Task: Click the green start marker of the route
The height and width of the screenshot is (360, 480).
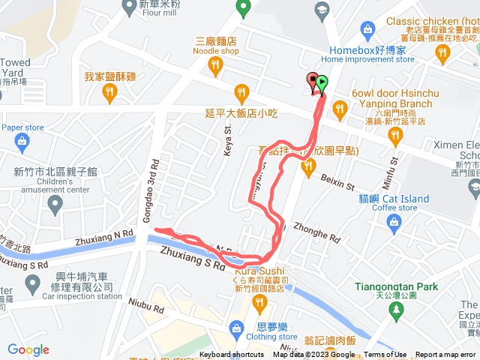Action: [322, 82]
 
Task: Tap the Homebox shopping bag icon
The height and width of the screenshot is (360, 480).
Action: [367, 29]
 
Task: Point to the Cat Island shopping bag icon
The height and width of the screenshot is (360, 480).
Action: [392, 220]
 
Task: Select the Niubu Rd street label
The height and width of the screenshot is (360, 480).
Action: [147, 307]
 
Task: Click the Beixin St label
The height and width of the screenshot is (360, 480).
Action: [337, 179]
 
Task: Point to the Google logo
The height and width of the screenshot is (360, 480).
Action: [28, 349]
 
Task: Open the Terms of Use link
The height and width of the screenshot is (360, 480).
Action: [385, 355]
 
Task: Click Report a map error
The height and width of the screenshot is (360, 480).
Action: [445, 355]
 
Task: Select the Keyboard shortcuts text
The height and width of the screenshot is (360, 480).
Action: [232, 355]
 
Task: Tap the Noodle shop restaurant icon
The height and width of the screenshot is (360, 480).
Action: [216, 67]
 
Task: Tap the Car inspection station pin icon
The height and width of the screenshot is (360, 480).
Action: [32, 283]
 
